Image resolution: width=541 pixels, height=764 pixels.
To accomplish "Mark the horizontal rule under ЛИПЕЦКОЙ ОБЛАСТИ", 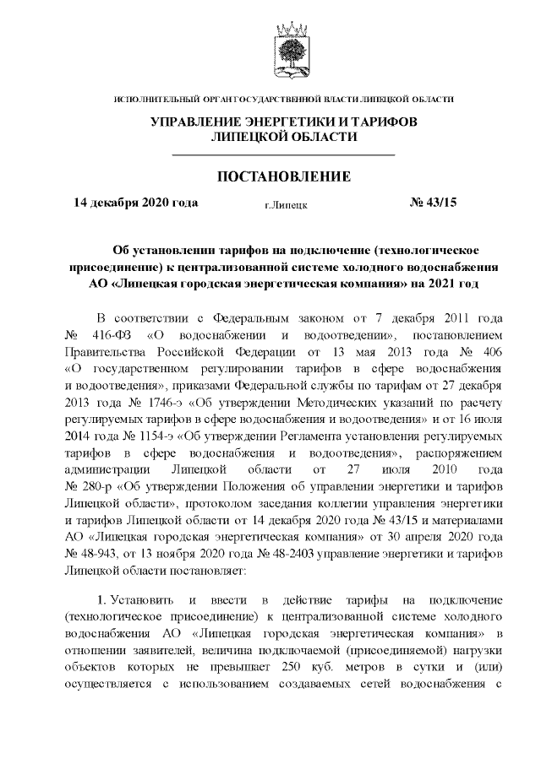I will tap(283, 155).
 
